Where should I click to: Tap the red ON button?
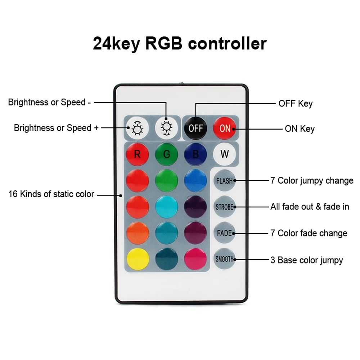[225, 128]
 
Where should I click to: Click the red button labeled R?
[137, 154]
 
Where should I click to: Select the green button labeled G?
[166, 154]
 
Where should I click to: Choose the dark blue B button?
[195, 154]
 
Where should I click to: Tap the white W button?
[224, 154]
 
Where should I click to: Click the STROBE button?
[224, 207]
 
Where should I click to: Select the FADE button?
[224, 233]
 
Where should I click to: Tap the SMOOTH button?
[224, 259]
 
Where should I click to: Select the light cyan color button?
[166, 207]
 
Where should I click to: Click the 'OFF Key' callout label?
[296, 104]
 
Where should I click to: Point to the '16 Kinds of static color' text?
[51, 194]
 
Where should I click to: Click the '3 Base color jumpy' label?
[306, 260]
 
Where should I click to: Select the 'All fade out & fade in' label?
[310, 207]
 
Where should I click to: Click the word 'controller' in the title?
[227, 44]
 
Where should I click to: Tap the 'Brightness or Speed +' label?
[56, 128]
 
